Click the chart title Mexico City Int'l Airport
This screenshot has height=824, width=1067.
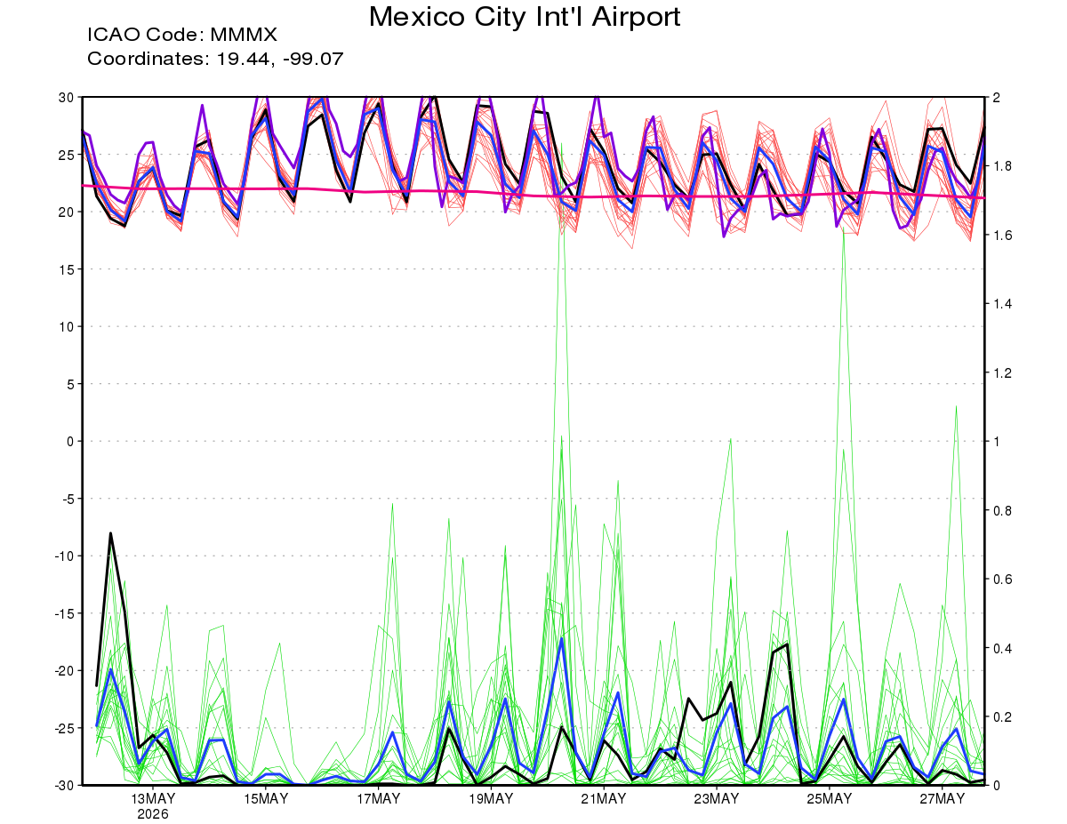(x=525, y=17)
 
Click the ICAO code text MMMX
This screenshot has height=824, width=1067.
(x=244, y=35)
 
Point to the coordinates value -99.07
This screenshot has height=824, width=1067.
(x=313, y=59)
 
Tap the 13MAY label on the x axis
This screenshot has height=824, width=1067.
(x=153, y=799)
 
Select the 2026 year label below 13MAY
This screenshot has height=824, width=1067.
(x=153, y=815)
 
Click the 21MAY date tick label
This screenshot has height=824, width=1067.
(x=604, y=799)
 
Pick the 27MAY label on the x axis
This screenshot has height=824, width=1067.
(x=942, y=799)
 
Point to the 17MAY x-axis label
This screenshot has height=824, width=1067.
(x=378, y=799)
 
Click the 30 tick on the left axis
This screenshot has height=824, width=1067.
(x=66, y=97)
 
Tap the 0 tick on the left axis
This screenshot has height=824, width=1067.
(x=70, y=441)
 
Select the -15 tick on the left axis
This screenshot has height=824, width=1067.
(x=64, y=613)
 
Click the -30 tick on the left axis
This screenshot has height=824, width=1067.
(x=64, y=785)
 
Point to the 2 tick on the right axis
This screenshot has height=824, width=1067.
(x=996, y=97)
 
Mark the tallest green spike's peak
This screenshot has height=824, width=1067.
(x=562, y=143)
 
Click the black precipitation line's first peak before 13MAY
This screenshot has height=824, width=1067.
(x=110, y=533)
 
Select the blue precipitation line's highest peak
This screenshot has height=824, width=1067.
(x=562, y=638)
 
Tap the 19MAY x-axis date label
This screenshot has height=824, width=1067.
(x=491, y=799)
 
